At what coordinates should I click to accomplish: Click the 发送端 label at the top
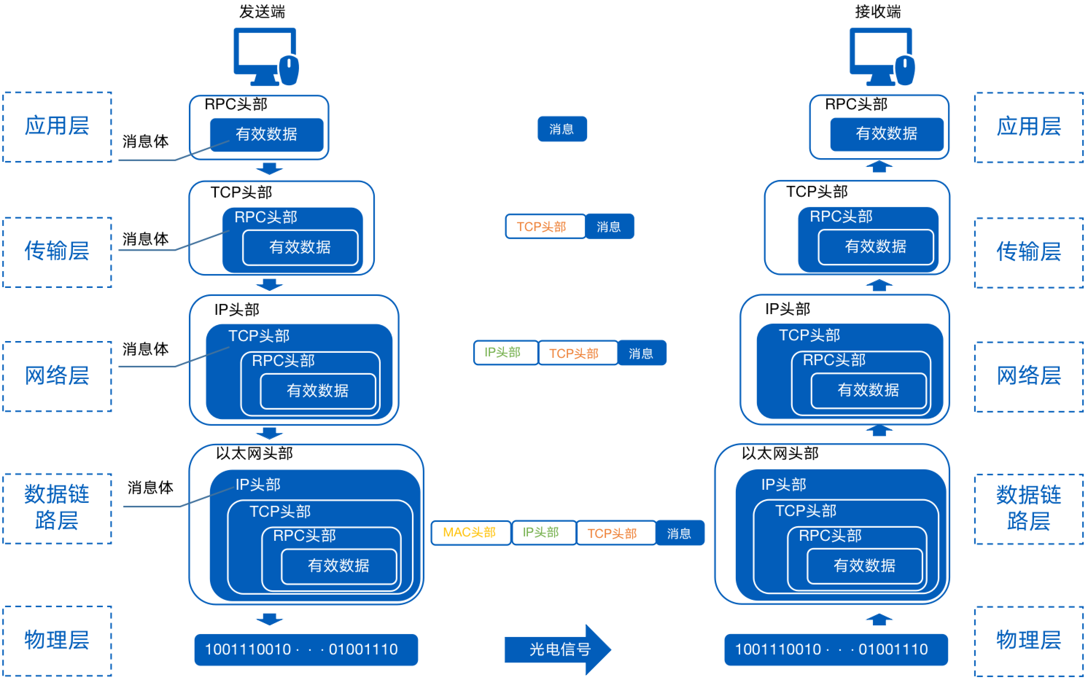pos(262,12)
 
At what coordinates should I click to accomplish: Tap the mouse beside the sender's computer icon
pos(290,70)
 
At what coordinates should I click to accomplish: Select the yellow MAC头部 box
pos(470,533)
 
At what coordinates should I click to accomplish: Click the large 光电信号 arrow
pos(558,649)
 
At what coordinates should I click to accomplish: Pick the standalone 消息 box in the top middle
pos(562,129)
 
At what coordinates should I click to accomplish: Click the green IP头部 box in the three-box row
pos(505,353)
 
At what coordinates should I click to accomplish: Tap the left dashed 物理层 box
pos(57,640)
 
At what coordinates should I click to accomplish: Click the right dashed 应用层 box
pos(1028,127)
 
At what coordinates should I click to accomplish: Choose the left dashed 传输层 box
pos(57,252)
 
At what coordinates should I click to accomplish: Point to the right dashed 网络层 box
pos(1028,376)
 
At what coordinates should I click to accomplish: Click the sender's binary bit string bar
pos(306,649)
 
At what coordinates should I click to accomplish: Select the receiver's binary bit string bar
pos(836,649)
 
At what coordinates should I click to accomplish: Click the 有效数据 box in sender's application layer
pos(267,134)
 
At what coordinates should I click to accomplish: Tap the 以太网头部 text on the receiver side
pos(780,453)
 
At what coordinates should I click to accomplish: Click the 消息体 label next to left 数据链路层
pos(150,488)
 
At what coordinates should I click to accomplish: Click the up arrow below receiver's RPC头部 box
pos(879,167)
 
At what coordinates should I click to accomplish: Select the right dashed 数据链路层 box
pos(1028,509)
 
